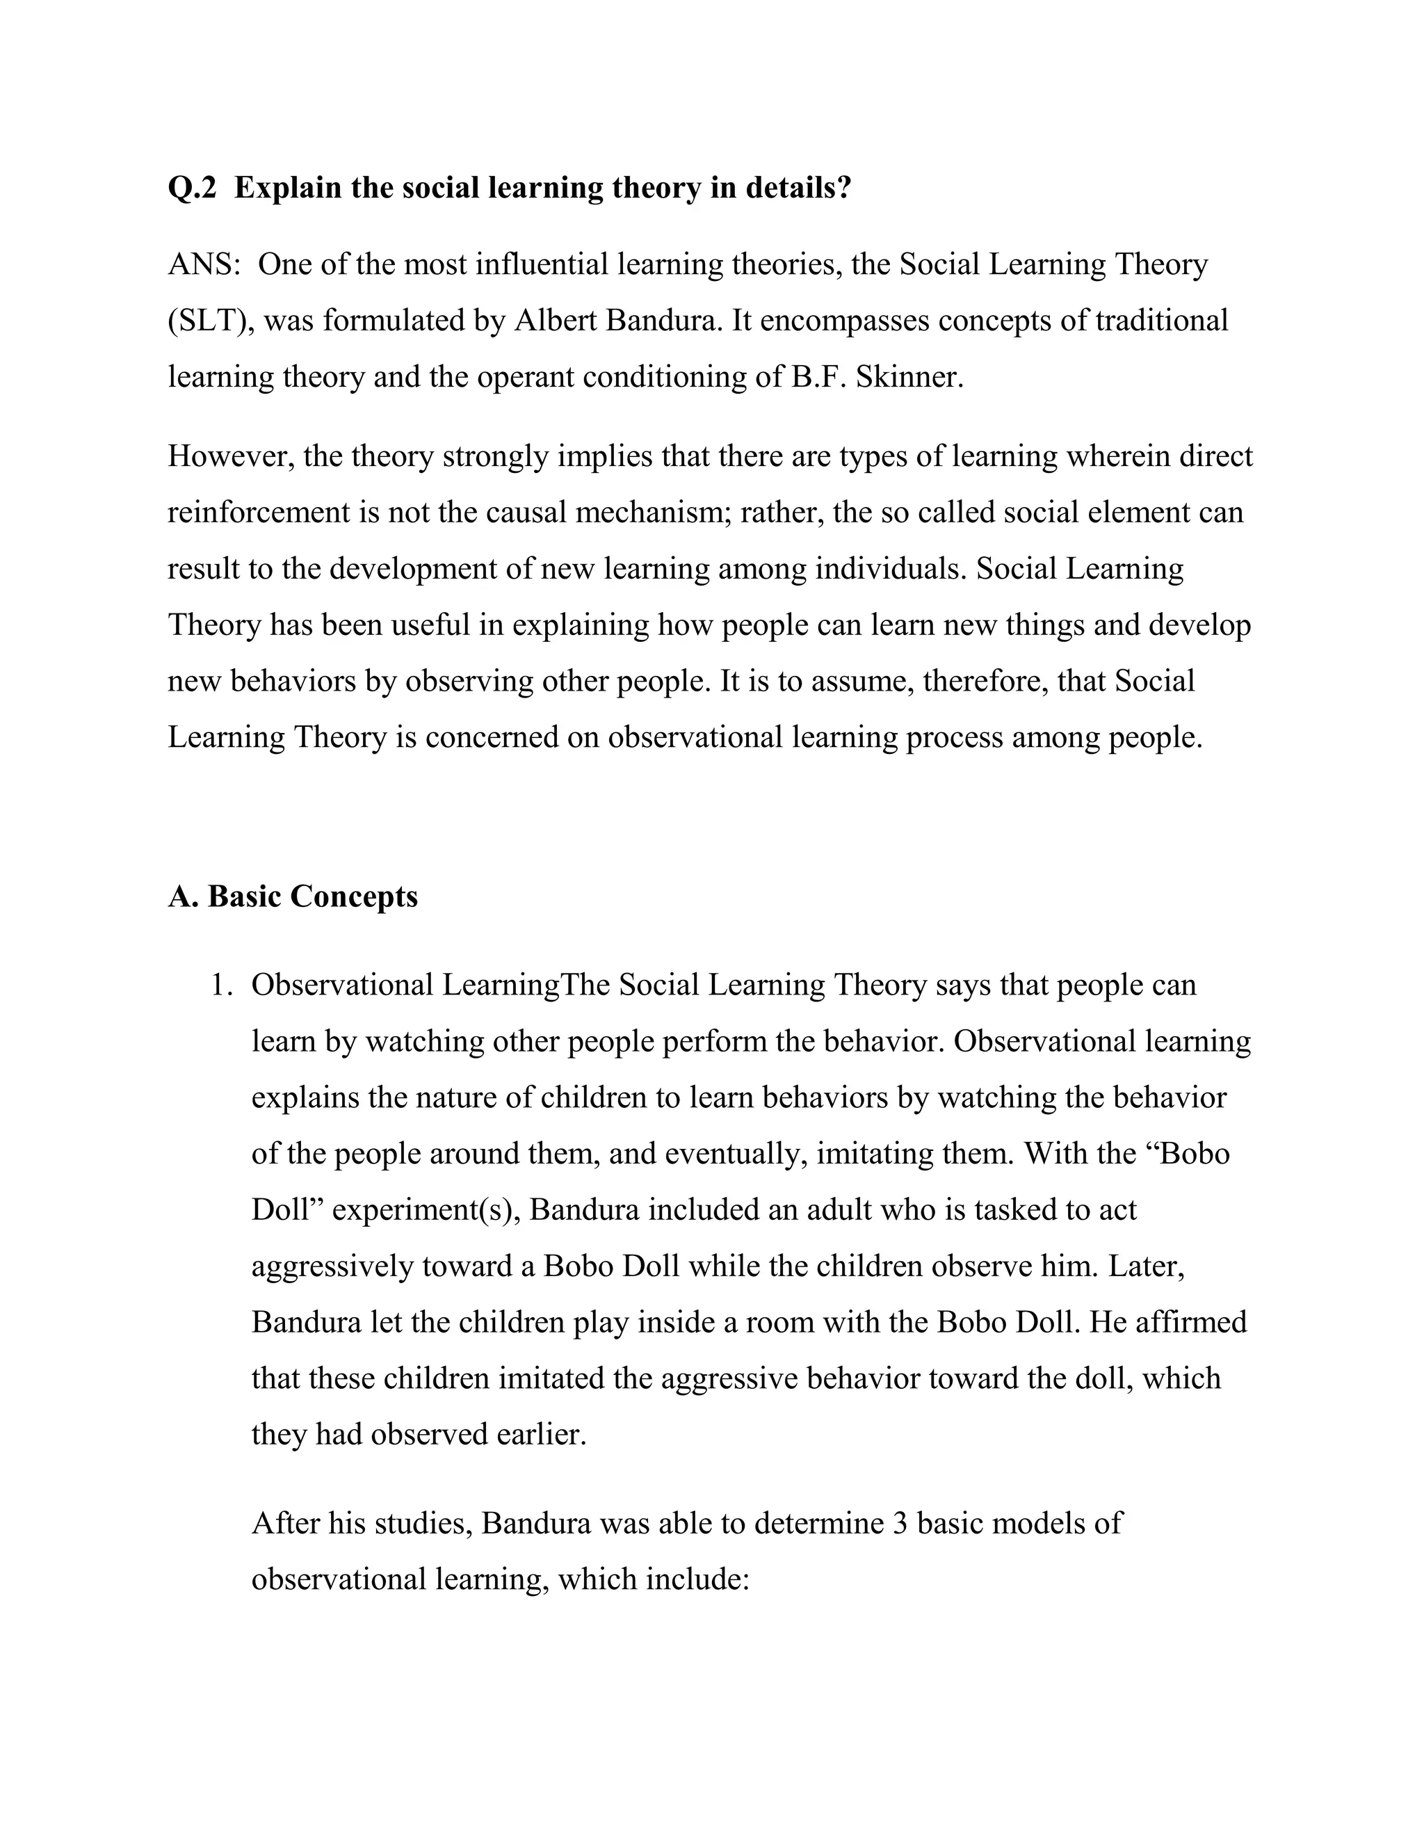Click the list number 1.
point(221,985)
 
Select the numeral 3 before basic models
point(899,1523)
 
